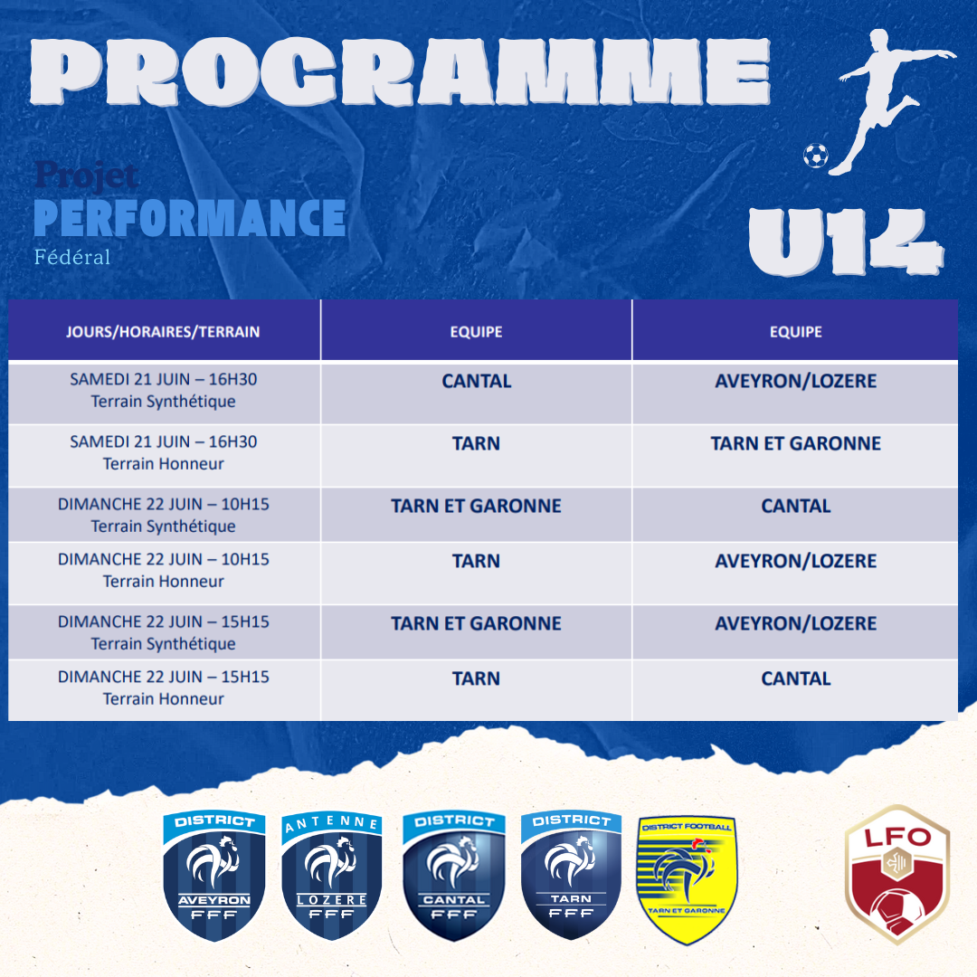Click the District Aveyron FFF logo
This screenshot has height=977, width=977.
click(213, 876)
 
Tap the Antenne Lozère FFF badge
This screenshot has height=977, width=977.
click(331, 876)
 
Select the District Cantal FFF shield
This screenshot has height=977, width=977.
click(453, 876)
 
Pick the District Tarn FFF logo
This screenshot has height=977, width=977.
click(571, 875)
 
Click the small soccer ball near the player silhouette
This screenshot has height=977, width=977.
click(816, 156)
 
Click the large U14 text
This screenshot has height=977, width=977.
click(846, 242)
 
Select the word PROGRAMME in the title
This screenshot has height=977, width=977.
click(400, 71)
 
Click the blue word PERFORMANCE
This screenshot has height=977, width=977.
click(189, 218)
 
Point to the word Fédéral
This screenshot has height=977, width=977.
click(72, 257)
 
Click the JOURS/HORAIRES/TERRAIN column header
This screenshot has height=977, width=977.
click(163, 331)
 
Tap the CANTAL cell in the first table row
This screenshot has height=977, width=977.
click(477, 381)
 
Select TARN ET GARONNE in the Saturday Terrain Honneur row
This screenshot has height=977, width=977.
click(796, 443)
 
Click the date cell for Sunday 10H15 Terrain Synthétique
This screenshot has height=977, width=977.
click(164, 515)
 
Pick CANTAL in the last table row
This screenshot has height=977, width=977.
click(796, 678)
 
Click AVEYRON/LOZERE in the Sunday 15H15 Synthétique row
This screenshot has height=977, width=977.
click(796, 623)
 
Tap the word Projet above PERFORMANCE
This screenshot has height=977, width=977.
click(87, 175)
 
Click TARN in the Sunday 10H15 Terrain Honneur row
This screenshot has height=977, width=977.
click(476, 561)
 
